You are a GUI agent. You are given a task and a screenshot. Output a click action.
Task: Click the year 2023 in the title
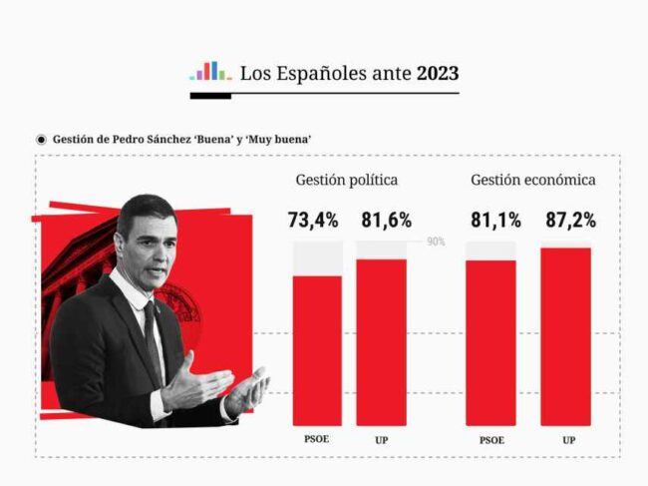pyautogui.click(x=438, y=73)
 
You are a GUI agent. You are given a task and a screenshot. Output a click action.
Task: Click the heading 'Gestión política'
pyautogui.click(x=347, y=181)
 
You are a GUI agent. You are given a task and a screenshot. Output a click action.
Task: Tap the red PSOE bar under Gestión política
pyautogui.click(x=317, y=349)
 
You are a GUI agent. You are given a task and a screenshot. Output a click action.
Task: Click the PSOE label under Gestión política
pyautogui.click(x=317, y=439)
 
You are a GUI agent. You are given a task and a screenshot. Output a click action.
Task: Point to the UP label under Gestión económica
pyautogui.click(x=568, y=439)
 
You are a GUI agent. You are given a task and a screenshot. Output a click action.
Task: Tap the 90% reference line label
pyautogui.click(x=436, y=242)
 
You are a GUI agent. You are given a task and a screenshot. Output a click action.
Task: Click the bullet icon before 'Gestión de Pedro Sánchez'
pyautogui.click(x=41, y=139)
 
